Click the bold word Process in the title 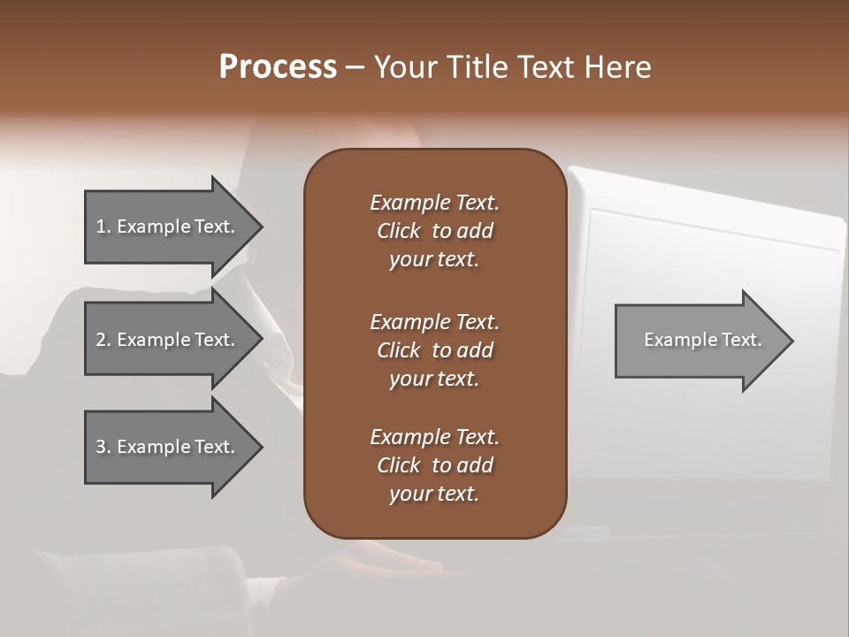pyautogui.click(x=278, y=67)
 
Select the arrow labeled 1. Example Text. pyautogui.click(x=168, y=226)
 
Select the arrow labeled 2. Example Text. pyautogui.click(x=168, y=340)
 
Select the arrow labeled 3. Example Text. pyautogui.click(x=168, y=447)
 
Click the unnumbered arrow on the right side pyautogui.click(x=699, y=340)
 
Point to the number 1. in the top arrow pyautogui.click(x=103, y=226)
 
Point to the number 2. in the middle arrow pyautogui.click(x=103, y=340)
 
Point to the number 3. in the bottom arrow pyautogui.click(x=103, y=447)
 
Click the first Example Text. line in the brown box pyautogui.click(x=434, y=203)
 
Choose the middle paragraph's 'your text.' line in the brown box pyautogui.click(x=434, y=379)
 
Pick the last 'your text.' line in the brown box pyautogui.click(x=434, y=495)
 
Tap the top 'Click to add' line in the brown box pyautogui.click(x=434, y=231)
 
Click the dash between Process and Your pyautogui.click(x=355, y=67)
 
